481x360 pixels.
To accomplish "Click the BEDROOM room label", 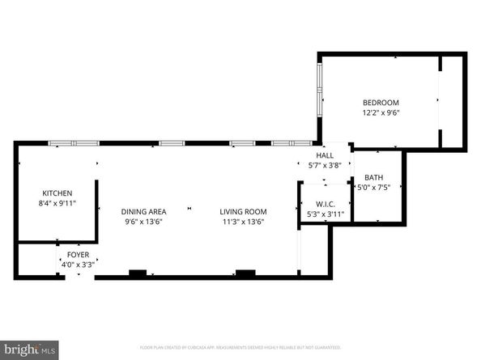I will coord(381,103).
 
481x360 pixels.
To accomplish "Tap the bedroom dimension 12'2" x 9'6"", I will coord(381,112).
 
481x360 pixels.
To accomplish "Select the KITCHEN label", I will coord(57,193).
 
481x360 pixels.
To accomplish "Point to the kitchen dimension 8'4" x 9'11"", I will coord(57,204).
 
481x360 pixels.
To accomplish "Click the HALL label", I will coord(325,155).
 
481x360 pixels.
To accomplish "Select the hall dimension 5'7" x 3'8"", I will coord(325,165).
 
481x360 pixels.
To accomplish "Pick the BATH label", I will coord(373,177).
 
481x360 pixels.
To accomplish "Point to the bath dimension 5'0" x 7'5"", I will coord(373,187).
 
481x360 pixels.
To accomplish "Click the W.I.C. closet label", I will coord(324,204).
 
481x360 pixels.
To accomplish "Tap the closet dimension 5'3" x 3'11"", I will coord(324,214).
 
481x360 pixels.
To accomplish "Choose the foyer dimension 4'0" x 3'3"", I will coord(78,264).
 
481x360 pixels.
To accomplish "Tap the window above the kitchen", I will coord(74,143).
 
